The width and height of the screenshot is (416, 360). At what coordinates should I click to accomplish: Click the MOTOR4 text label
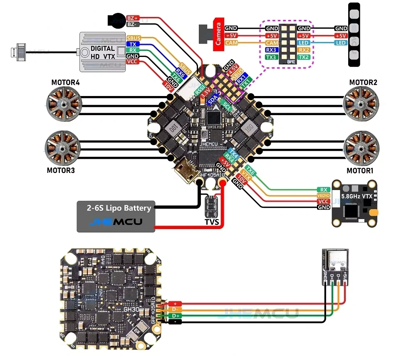(65, 82)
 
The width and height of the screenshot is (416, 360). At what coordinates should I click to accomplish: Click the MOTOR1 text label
(360, 171)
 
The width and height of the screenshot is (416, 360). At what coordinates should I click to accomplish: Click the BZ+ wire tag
(133, 18)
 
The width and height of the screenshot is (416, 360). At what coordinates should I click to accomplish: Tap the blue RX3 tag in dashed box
(272, 50)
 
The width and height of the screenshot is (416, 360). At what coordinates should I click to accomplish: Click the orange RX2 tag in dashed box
(304, 50)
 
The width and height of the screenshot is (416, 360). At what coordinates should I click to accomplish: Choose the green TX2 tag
(304, 57)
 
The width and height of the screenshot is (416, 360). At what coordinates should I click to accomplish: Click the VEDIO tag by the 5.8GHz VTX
(323, 195)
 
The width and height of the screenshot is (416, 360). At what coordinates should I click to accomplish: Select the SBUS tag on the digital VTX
(134, 38)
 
